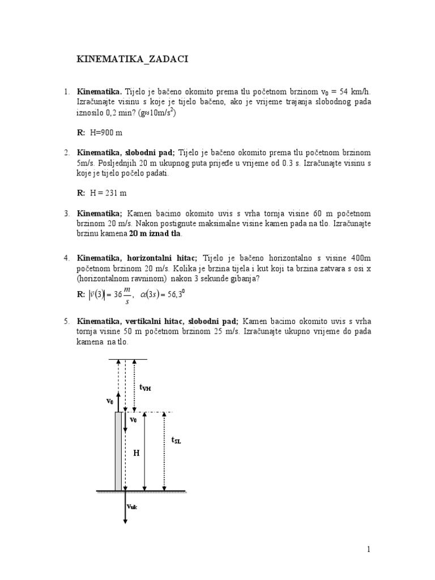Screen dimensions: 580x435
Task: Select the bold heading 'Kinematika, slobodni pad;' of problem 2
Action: (x=126, y=153)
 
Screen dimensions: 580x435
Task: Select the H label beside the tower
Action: (x=136, y=453)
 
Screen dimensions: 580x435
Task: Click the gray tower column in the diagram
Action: (x=118, y=451)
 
